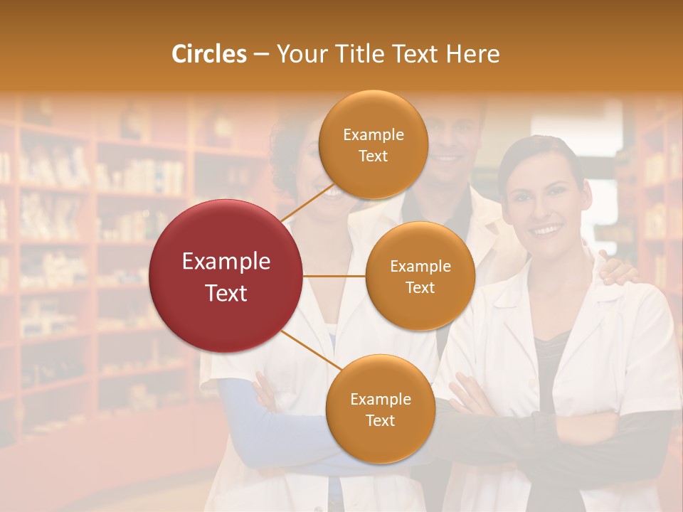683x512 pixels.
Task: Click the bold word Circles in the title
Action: point(208,54)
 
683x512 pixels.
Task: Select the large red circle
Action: point(226,276)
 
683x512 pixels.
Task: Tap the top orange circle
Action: point(373,145)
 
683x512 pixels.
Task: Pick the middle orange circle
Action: point(420,276)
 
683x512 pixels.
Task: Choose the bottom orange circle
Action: point(380,409)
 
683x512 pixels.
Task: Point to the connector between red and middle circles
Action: point(334,276)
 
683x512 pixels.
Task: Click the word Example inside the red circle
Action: point(226,262)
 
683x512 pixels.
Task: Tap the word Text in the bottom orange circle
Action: point(380,420)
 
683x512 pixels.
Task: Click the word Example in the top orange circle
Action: point(373,135)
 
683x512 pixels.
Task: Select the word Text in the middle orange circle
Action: point(420,287)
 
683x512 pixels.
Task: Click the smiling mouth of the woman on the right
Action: point(547,230)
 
